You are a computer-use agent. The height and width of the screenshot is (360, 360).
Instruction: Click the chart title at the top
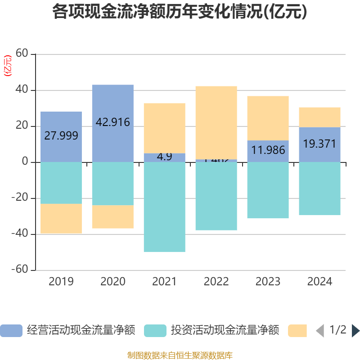[x=180, y=12]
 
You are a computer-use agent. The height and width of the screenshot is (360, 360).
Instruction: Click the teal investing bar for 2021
[x=164, y=207]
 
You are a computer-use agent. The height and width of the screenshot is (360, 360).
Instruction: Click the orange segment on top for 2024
[x=319, y=117]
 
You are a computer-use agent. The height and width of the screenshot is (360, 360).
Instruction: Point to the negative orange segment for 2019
[x=61, y=219]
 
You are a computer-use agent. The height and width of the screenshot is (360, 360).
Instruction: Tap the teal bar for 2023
[x=268, y=190]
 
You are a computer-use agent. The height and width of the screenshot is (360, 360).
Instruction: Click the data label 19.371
[x=319, y=144]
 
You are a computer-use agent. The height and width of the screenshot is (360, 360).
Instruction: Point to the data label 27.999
[x=61, y=135]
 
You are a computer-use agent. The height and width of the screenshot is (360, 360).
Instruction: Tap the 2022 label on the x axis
[x=216, y=282]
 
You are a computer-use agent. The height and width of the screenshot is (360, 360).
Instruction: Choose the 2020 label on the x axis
[x=112, y=282]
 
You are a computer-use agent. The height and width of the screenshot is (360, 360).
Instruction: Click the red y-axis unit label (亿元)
[x=8, y=66]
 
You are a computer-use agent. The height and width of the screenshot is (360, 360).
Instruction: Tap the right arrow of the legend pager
[x=355, y=331]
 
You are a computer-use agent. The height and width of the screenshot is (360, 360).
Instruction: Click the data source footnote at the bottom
[x=180, y=355]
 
